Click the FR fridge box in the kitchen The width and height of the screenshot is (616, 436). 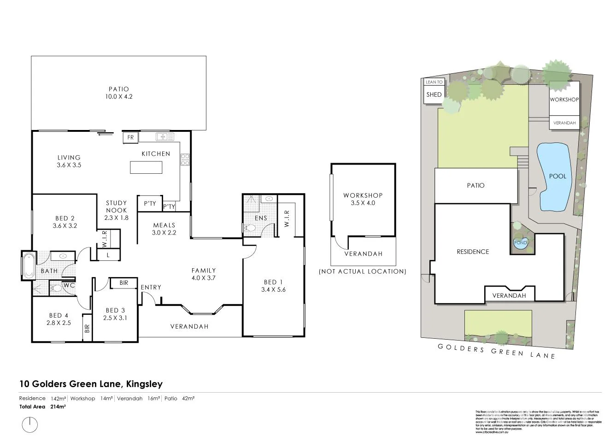point(130,137)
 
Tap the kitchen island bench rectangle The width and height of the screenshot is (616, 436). point(146,167)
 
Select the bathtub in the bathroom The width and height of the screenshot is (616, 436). point(28,266)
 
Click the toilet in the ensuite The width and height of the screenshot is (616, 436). point(249,228)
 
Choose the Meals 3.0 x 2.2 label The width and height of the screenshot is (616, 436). point(164,229)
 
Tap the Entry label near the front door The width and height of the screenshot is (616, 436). point(151,287)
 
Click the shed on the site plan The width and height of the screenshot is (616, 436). point(434,95)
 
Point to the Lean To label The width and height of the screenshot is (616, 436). point(434,82)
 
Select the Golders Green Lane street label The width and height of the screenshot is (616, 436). point(496,351)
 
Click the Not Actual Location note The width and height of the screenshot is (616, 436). point(363,271)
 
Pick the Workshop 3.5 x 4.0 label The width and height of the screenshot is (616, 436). point(363,199)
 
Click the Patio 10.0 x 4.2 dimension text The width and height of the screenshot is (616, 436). point(118,97)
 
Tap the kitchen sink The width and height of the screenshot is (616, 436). point(165,137)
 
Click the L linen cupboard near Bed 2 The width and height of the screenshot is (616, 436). point(108,255)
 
